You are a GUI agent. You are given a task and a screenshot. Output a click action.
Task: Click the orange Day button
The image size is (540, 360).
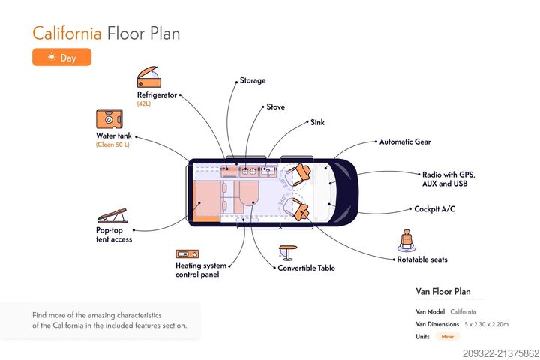coord(61,57)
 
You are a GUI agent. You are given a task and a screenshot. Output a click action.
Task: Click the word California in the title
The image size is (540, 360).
coord(67,33)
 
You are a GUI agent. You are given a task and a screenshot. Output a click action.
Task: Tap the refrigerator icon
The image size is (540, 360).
coord(148,77)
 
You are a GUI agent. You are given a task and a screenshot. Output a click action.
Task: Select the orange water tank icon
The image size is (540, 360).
coord(109,119)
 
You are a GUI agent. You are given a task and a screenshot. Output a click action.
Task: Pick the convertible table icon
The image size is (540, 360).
coord(287,252)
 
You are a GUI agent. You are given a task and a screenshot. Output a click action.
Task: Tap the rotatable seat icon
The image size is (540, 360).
coord(407,241)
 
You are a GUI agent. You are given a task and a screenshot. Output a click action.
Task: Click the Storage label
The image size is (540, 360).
coord(253,80)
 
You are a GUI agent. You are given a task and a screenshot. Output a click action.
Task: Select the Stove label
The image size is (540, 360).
coord(275,106)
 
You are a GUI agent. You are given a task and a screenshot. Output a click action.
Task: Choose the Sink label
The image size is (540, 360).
coord(317,121)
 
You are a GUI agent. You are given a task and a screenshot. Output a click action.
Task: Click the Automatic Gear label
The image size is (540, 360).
coord(405,141)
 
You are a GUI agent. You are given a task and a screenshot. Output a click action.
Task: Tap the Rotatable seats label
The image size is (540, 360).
coord(422,259)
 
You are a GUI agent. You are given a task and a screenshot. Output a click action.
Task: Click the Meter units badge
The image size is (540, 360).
coord(448,337)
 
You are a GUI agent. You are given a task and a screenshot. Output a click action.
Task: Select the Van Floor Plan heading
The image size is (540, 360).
coord(443,291)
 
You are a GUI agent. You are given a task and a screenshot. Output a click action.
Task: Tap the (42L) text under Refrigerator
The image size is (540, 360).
coord(144,103)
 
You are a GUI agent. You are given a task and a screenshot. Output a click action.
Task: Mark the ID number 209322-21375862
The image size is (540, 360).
coord(500,352)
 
